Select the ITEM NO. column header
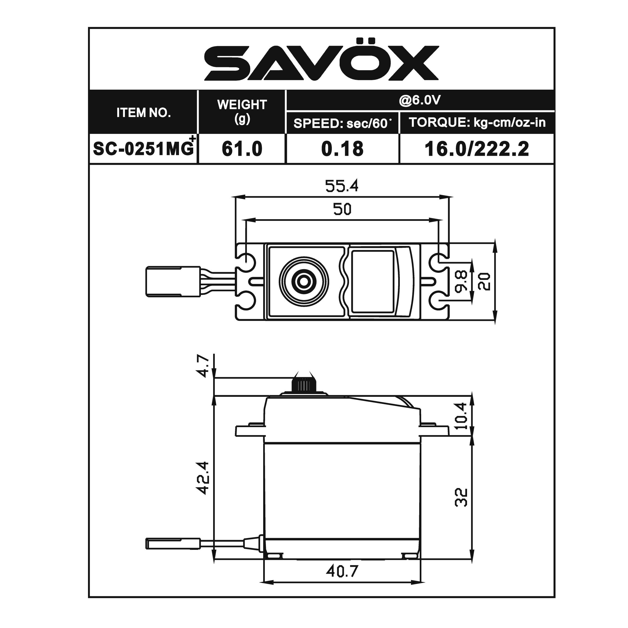click(143, 113)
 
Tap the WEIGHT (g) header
click(242, 111)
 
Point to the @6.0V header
click(420, 100)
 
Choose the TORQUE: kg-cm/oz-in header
click(477, 122)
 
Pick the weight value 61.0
click(242, 149)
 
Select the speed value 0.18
click(342, 149)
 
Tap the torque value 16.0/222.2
click(477, 149)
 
